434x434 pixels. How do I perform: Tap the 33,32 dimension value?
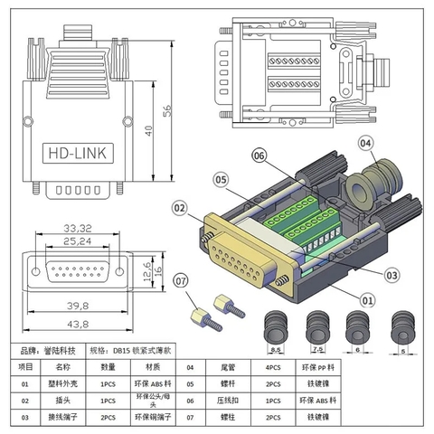pyautogui.click(x=76, y=228)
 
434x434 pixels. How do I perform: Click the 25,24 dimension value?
pyautogui.click(x=76, y=241)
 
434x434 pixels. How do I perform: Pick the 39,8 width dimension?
pyautogui.click(x=76, y=306)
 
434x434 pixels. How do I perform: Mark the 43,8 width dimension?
pyautogui.click(x=76, y=324)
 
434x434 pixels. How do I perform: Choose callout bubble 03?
pyautogui.click(x=392, y=275)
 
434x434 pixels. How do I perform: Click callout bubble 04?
pyautogui.click(x=366, y=142)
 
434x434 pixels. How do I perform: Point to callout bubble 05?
pyautogui.click(x=220, y=178)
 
